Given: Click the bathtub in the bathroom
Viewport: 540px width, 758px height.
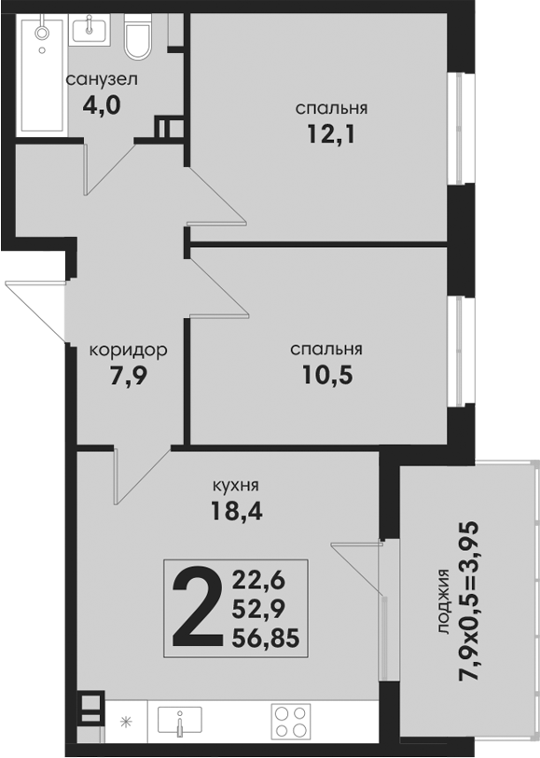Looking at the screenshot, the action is pyautogui.click(x=42, y=75).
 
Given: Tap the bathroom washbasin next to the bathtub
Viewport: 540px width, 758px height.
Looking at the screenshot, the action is pyautogui.click(x=90, y=29).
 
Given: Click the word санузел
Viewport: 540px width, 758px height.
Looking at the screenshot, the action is pyautogui.click(x=102, y=79).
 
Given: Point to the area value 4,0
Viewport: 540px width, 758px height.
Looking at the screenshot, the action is pyautogui.click(x=101, y=105).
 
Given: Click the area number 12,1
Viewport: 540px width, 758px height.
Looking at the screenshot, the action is pyautogui.click(x=331, y=134).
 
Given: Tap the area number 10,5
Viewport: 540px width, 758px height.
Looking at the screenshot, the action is pyautogui.click(x=327, y=375).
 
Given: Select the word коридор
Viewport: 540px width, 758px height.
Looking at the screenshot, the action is pyautogui.click(x=129, y=350).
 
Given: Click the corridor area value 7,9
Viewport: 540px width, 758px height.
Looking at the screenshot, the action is pyautogui.click(x=128, y=377).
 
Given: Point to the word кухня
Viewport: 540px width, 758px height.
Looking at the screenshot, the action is pyautogui.click(x=236, y=485).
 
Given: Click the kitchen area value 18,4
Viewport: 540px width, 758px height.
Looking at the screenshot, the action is pyautogui.click(x=236, y=511).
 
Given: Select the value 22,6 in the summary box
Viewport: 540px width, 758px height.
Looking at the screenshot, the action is pyautogui.click(x=258, y=580).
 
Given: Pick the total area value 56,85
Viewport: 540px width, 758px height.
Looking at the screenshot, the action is pyautogui.click(x=266, y=639).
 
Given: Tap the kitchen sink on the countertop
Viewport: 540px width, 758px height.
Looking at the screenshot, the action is pyautogui.click(x=180, y=722).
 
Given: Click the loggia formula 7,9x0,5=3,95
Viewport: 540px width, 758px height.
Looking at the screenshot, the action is pyautogui.click(x=469, y=602).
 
